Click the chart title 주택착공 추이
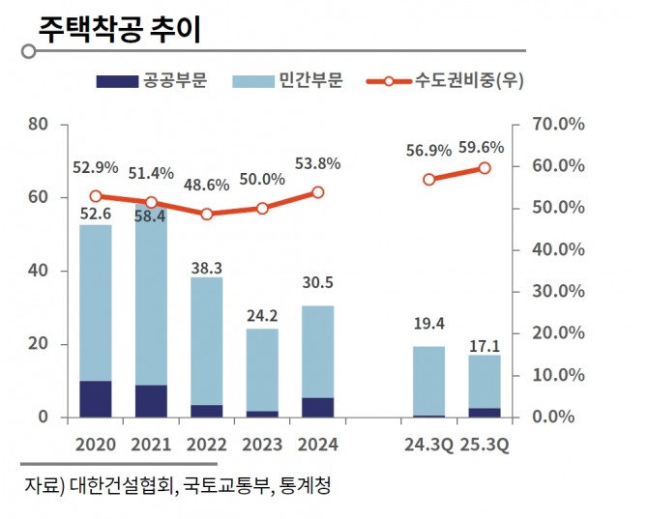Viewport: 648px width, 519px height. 119,28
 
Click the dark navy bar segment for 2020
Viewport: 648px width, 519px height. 95,399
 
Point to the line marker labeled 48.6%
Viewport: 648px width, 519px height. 206,214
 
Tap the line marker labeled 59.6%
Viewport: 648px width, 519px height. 485,168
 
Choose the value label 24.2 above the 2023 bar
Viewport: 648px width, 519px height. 261,315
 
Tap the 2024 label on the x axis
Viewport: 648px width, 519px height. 317,445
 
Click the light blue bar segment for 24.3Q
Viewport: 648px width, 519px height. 428,381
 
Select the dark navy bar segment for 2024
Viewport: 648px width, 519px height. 317,407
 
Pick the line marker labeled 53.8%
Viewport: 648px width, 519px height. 317,192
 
